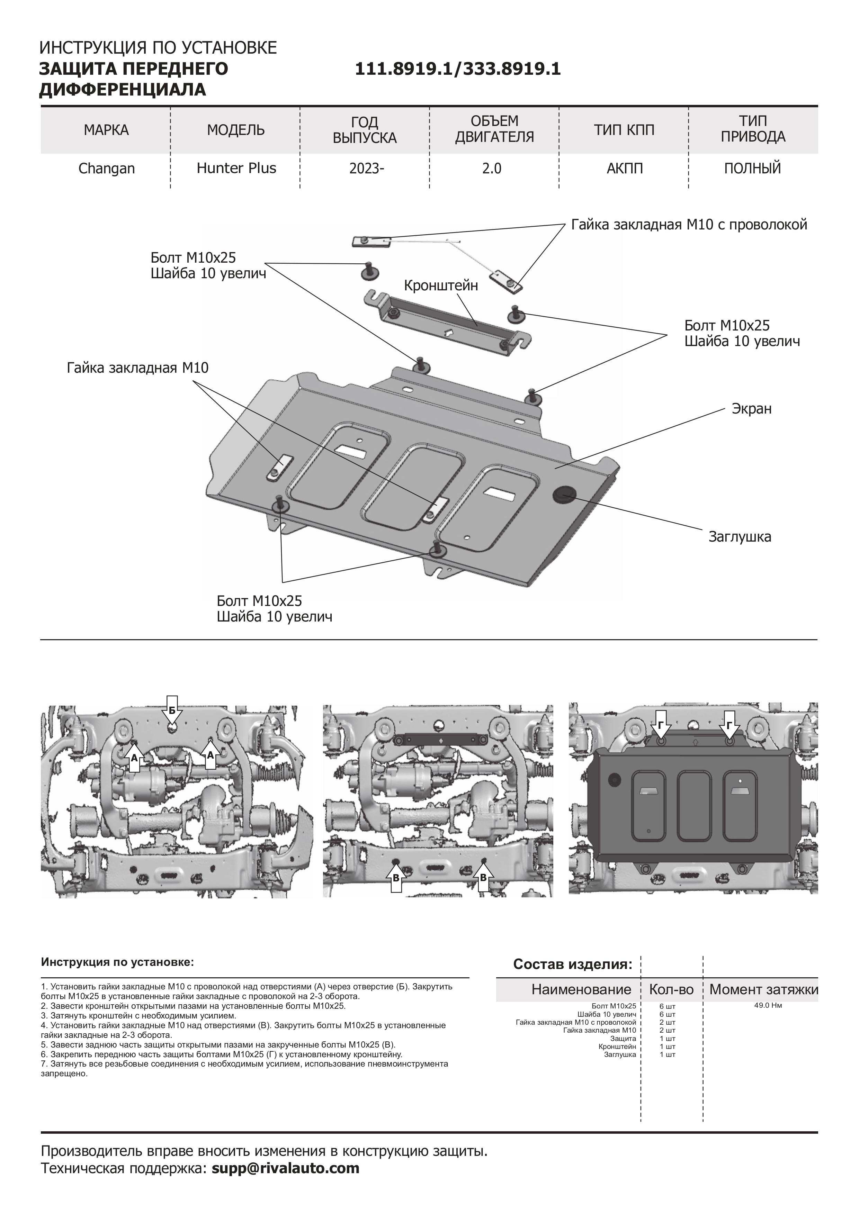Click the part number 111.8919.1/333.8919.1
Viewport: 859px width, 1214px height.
pos(457,69)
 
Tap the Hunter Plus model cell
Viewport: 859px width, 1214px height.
pos(236,168)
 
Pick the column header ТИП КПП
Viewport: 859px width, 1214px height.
pos(624,130)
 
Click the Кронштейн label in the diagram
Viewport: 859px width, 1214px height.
pos(441,286)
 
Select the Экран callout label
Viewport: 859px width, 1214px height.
pos(751,409)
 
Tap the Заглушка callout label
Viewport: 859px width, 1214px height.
pos(740,537)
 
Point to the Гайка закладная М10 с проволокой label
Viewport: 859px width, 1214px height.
pos(689,225)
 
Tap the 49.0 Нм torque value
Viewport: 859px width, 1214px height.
pos(768,1005)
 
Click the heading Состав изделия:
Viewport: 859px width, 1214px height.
pos(572,964)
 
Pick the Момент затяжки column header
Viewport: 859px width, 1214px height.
pos(763,989)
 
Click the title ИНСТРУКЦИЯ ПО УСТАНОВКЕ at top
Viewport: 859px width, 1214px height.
pos(158,48)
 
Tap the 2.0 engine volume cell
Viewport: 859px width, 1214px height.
pos(491,169)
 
